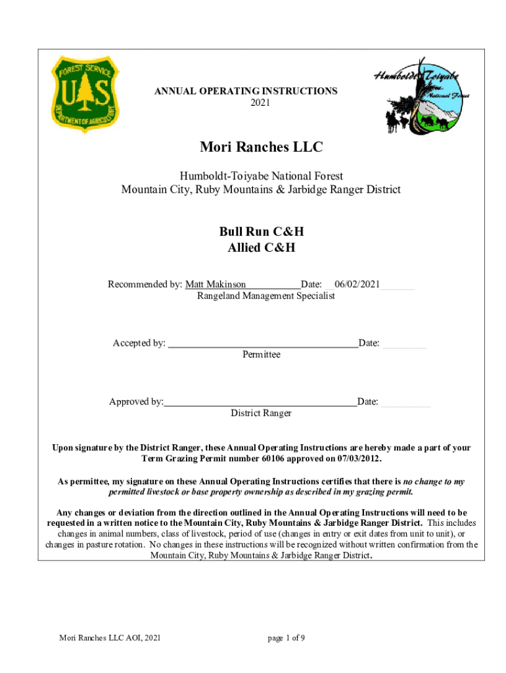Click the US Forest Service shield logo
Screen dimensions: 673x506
pos(86,94)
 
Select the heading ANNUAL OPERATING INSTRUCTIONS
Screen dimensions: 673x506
pos(246,91)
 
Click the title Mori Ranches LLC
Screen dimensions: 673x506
pos(261,147)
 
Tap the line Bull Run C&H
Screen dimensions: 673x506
pos(261,232)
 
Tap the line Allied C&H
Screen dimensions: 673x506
pos(261,248)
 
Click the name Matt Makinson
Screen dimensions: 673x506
pos(216,285)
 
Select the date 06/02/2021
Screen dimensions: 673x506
pos(357,285)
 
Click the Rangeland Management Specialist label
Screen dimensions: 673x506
pos(265,296)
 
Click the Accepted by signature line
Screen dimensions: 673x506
pos(263,344)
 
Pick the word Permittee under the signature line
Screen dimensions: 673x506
pos(261,354)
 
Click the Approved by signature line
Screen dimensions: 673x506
pos(260,402)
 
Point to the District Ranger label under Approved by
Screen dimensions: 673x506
pos(261,413)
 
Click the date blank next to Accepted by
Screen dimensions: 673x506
pos(404,344)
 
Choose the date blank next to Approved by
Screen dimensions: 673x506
pos(405,402)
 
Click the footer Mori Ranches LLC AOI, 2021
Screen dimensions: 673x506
pos(110,638)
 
